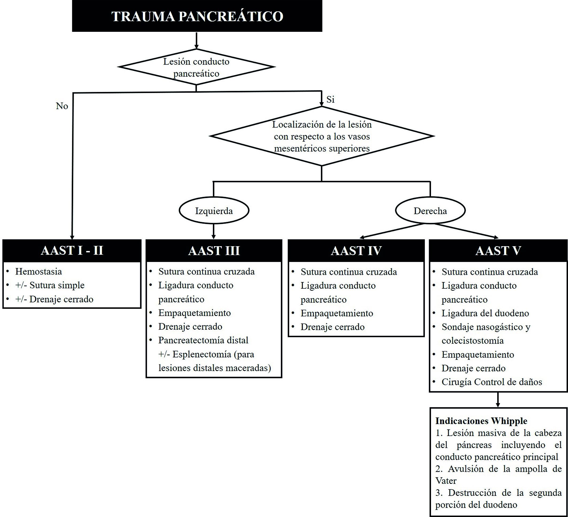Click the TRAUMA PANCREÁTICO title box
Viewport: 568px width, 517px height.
point(197,16)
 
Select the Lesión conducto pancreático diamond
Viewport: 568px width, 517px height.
point(196,67)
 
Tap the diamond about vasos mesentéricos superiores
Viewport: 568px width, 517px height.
point(322,136)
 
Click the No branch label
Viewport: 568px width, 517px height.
point(62,106)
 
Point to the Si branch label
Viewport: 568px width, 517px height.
point(330,99)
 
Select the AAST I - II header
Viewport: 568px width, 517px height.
point(72,250)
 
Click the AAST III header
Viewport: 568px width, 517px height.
point(214,250)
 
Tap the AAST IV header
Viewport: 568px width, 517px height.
point(356,250)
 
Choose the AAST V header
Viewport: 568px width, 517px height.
point(498,250)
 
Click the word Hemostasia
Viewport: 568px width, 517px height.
point(38,272)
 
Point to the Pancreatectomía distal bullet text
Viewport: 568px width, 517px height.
point(203,340)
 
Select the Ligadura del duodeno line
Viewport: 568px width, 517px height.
point(485,313)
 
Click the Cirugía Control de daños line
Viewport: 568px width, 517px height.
point(492,382)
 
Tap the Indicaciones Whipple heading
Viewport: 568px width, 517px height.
point(481,421)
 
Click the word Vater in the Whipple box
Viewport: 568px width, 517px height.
point(446,481)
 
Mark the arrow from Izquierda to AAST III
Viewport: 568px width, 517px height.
point(213,231)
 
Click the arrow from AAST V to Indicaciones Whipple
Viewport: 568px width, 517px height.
point(498,399)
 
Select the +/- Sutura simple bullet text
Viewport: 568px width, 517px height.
point(50,285)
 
